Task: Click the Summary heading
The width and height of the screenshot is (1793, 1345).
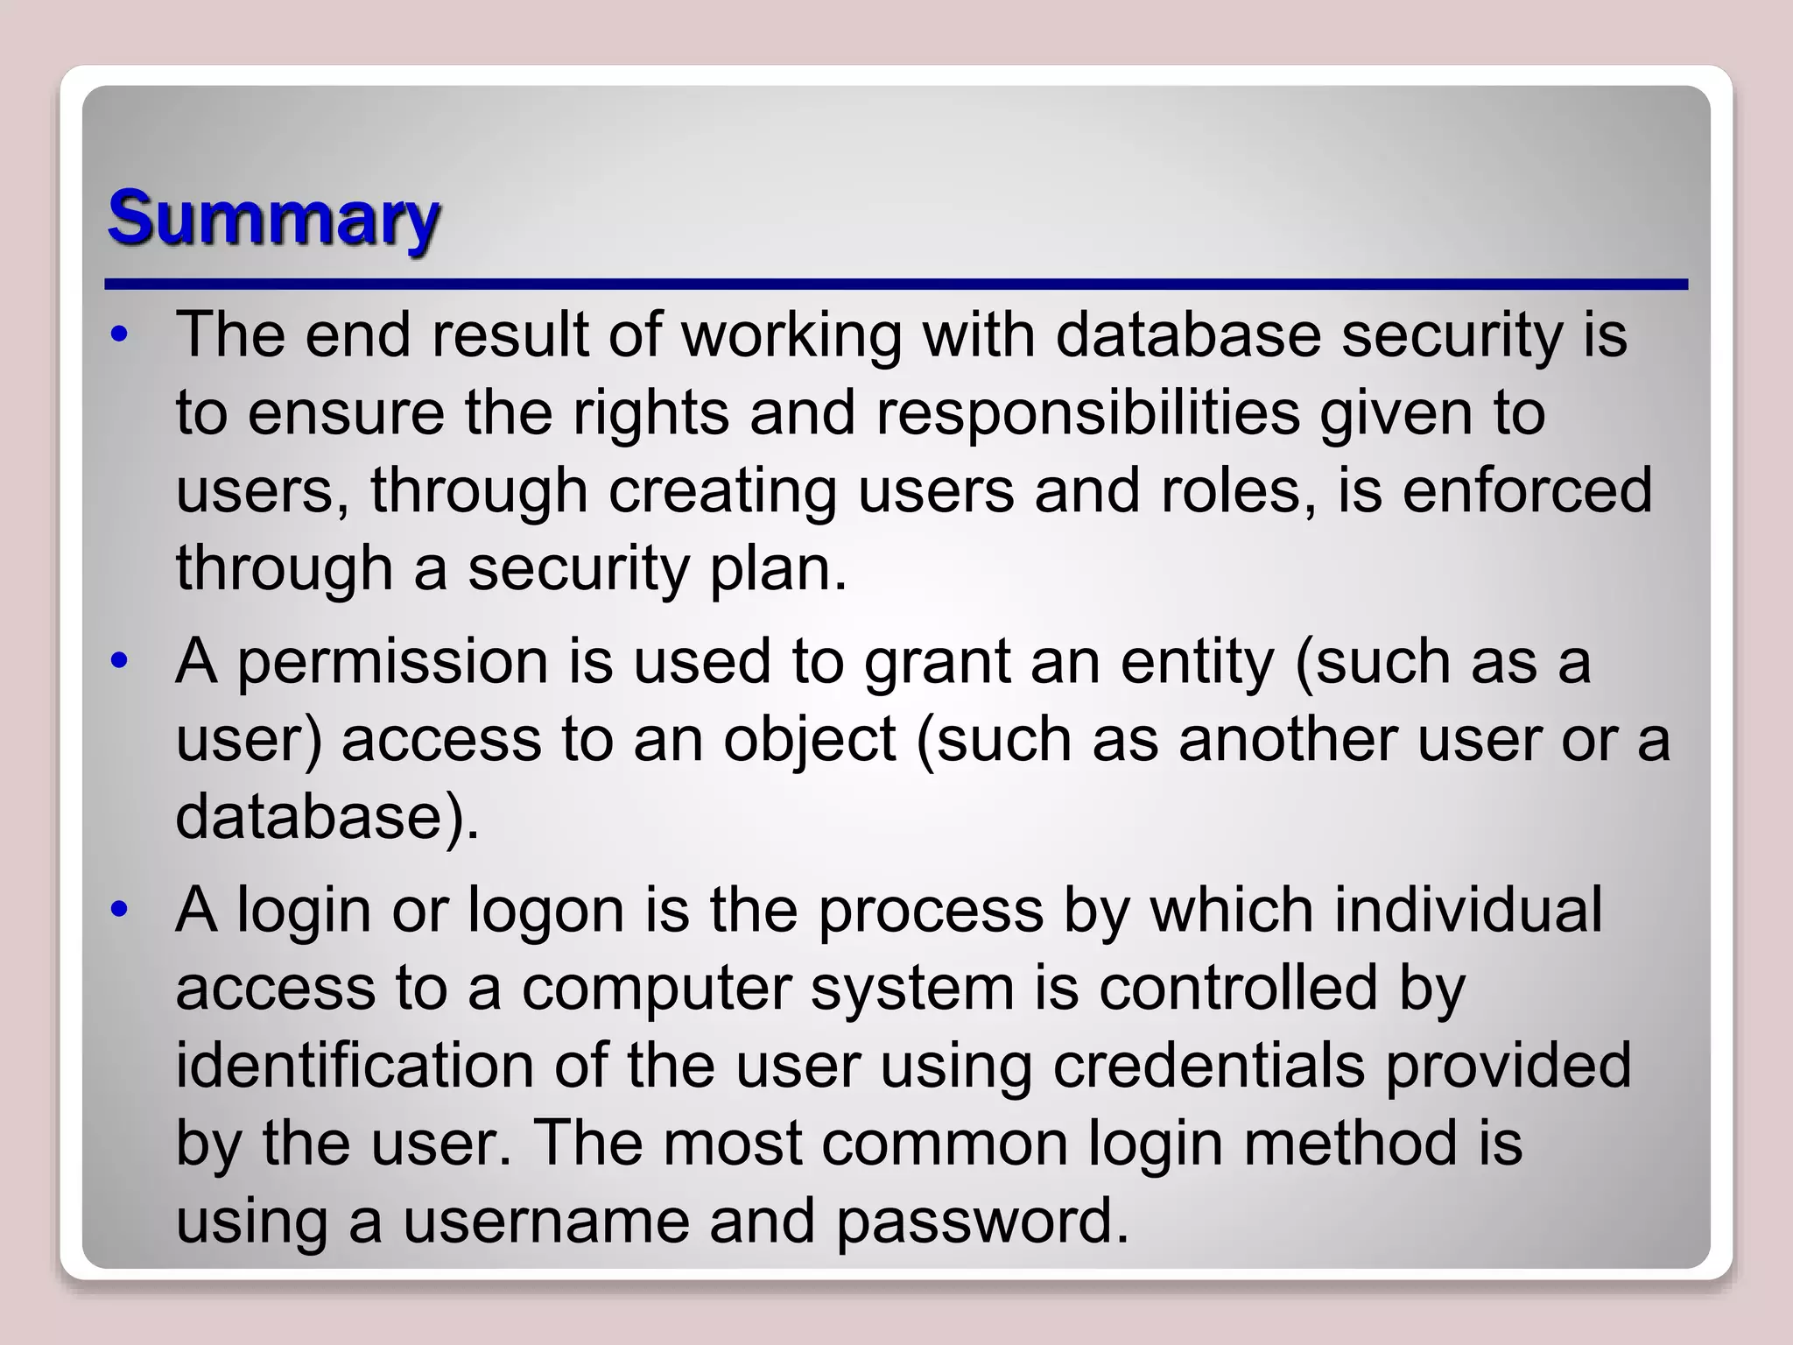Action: point(273,219)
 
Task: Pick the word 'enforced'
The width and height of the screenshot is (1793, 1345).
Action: point(1528,490)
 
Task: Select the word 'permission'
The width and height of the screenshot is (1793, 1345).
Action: point(392,663)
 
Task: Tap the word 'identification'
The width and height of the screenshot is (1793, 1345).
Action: point(355,1066)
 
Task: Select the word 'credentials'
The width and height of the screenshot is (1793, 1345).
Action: point(1208,1066)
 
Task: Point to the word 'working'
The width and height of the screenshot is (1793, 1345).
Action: point(791,335)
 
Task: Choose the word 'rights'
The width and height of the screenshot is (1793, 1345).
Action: point(650,412)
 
